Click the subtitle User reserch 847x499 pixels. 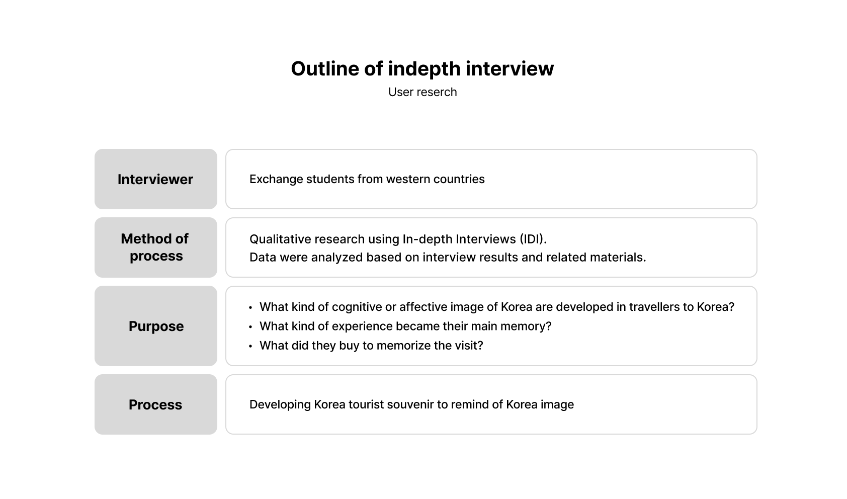coord(422,92)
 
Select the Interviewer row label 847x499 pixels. coord(155,179)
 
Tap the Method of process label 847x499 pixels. coord(155,247)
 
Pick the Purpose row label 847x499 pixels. coord(156,326)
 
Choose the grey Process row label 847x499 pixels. coord(155,404)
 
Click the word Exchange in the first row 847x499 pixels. coord(276,179)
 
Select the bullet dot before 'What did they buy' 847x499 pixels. coord(250,346)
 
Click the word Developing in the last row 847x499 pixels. coord(280,404)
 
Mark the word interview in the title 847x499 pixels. coord(510,69)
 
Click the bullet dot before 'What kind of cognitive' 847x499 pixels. coord(250,307)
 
